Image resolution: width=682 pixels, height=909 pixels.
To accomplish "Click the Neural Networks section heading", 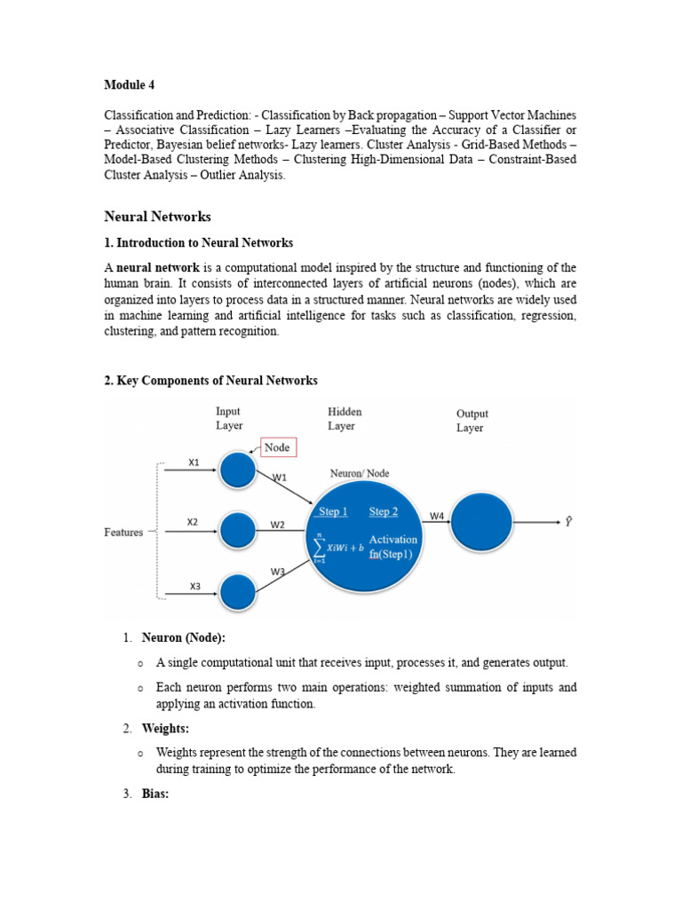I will pyautogui.click(x=157, y=216).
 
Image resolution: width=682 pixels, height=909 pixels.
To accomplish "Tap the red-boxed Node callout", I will pyautogui.click(x=277, y=447).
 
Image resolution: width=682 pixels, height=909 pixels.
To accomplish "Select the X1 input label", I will pyautogui.click(x=194, y=462).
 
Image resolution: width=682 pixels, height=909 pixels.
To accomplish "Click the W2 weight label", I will pyautogui.click(x=278, y=525).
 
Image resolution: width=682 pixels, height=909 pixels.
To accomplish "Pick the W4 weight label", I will pyautogui.click(x=437, y=516).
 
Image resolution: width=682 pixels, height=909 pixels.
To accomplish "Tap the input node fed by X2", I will pyautogui.click(x=238, y=531).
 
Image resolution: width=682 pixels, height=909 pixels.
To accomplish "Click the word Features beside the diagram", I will pyautogui.click(x=123, y=532).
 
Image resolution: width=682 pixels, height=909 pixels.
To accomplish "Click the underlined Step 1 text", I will pyautogui.click(x=332, y=511).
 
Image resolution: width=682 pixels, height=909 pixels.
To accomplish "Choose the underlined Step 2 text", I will pyautogui.click(x=384, y=511).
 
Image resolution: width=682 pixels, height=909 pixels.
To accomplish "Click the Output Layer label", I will pyautogui.click(x=472, y=421).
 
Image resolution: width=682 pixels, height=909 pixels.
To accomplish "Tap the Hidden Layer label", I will pyautogui.click(x=345, y=419).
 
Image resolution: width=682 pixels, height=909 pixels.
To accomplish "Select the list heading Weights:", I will pyautogui.click(x=165, y=729).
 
